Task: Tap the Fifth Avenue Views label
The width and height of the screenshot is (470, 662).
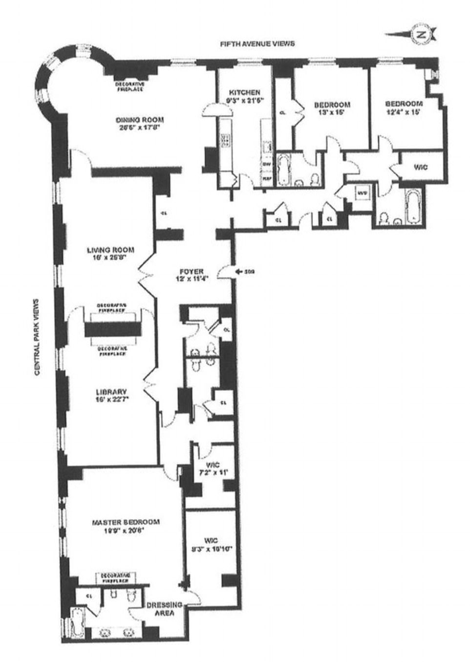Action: click(x=257, y=44)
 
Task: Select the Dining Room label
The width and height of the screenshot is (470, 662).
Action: click(x=139, y=120)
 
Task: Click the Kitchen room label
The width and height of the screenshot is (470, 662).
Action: click(x=244, y=92)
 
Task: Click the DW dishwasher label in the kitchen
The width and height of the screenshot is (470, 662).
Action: click(x=267, y=165)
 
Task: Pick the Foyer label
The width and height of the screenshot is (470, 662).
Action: click(x=191, y=272)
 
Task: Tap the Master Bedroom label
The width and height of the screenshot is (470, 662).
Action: click(x=126, y=522)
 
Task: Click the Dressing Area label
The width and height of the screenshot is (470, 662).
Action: click(x=164, y=609)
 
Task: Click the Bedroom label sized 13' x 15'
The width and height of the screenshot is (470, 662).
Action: click(x=332, y=105)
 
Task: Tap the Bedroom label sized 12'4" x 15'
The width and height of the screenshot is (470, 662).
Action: click(x=404, y=104)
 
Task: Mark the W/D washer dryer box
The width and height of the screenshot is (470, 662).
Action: click(x=362, y=193)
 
